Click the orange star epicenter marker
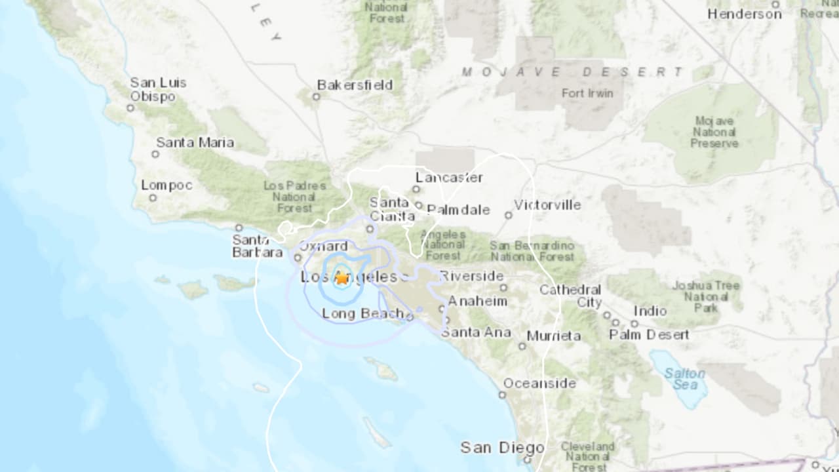point(342,278)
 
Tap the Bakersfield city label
point(355,85)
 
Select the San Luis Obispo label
point(158,89)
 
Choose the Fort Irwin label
point(587,93)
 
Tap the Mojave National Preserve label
point(714,132)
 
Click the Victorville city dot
point(508,215)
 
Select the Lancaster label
point(449,178)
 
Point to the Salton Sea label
point(684,379)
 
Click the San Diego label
point(502,448)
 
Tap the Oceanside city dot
point(502,395)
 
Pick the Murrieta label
point(554,336)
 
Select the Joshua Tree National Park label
point(705,296)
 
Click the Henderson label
point(744,14)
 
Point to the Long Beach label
point(362,314)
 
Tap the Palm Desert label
point(649,334)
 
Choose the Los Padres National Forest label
point(294,197)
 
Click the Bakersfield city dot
point(316,97)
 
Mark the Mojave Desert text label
point(572,72)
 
